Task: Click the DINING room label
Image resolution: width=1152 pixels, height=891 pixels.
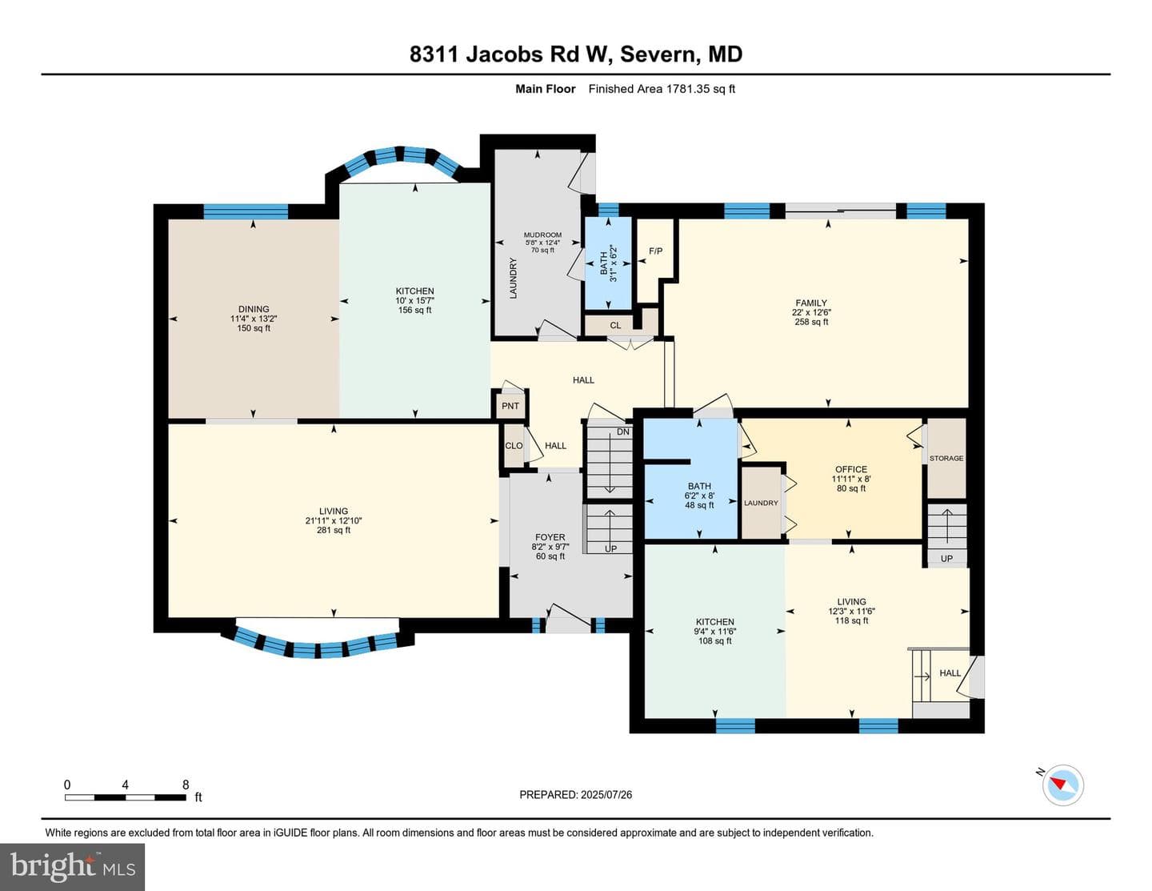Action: tap(254, 309)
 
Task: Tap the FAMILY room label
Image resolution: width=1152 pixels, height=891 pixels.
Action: tap(811, 303)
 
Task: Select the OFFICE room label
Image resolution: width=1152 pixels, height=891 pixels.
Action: tap(851, 469)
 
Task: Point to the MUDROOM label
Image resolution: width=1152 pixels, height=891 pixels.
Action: tap(542, 235)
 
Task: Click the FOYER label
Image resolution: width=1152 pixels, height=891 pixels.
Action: tap(550, 537)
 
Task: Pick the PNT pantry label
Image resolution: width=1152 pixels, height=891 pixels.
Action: tap(510, 406)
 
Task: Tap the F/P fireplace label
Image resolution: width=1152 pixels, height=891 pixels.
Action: tap(656, 251)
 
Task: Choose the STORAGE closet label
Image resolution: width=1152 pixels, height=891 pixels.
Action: tap(946, 458)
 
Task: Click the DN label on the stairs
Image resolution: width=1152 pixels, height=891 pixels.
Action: tap(623, 431)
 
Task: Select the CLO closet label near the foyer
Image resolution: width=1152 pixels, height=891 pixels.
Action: tap(514, 445)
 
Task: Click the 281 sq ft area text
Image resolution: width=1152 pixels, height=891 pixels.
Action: tap(334, 530)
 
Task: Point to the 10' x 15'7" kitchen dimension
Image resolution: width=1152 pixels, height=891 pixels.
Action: tap(414, 301)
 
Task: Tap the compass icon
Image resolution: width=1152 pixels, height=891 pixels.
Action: tap(1063, 785)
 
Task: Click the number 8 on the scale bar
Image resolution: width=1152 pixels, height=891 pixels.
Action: tap(186, 785)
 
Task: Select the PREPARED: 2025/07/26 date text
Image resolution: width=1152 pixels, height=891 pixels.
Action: tap(576, 794)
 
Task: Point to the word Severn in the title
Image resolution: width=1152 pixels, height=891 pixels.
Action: tap(658, 54)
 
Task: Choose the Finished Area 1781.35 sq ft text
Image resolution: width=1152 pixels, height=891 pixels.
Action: tap(662, 89)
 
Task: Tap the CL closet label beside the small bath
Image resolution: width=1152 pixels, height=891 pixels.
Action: tap(615, 325)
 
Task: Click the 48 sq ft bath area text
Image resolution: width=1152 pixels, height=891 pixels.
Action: tap(699, 505)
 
